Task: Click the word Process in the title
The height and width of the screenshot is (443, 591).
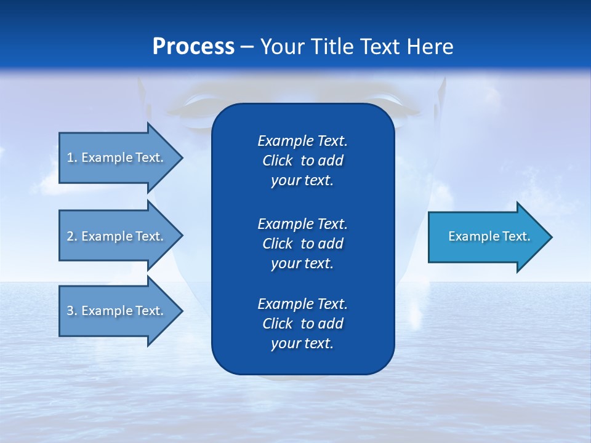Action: (193, 47)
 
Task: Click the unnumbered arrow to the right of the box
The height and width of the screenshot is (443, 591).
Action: (486, 236)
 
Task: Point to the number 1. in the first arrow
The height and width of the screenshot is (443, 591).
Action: (71, 158)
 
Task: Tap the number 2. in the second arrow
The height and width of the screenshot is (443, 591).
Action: (71, 236)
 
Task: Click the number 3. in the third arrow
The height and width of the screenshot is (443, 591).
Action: (71, 311)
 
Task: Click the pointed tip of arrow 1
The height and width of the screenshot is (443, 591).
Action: (181, 158)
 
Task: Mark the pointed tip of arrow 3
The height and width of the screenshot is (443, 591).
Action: (181, 311)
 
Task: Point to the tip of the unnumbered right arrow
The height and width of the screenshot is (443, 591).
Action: (550, 237)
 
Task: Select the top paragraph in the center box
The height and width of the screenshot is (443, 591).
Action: (302, 161)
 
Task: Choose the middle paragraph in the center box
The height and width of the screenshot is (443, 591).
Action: (302, 243)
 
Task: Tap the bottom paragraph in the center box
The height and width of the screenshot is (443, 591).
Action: (302, 324)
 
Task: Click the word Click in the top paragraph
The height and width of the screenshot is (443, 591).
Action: (277, 161)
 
